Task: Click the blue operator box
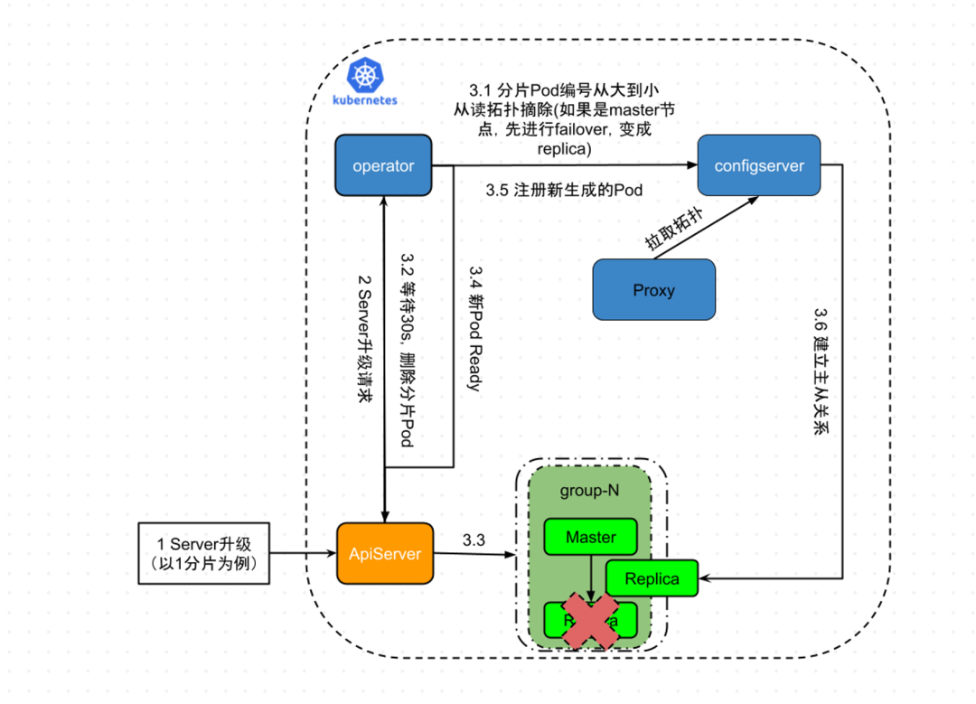[383, 165]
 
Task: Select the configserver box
[758, 165]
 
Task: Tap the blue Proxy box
[653, 290]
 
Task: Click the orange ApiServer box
[384, 554]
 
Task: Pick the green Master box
[590, 537]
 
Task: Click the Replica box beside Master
[652, 579]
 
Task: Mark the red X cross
[590, 620]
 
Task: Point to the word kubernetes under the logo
[365, 101]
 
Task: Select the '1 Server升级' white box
[203, 553]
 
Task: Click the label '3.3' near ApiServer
[474, 540]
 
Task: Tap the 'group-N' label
[589, 490]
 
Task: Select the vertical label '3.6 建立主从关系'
[821, 371]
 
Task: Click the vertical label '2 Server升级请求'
[365, 344]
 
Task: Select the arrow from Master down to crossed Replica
[590, 578]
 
